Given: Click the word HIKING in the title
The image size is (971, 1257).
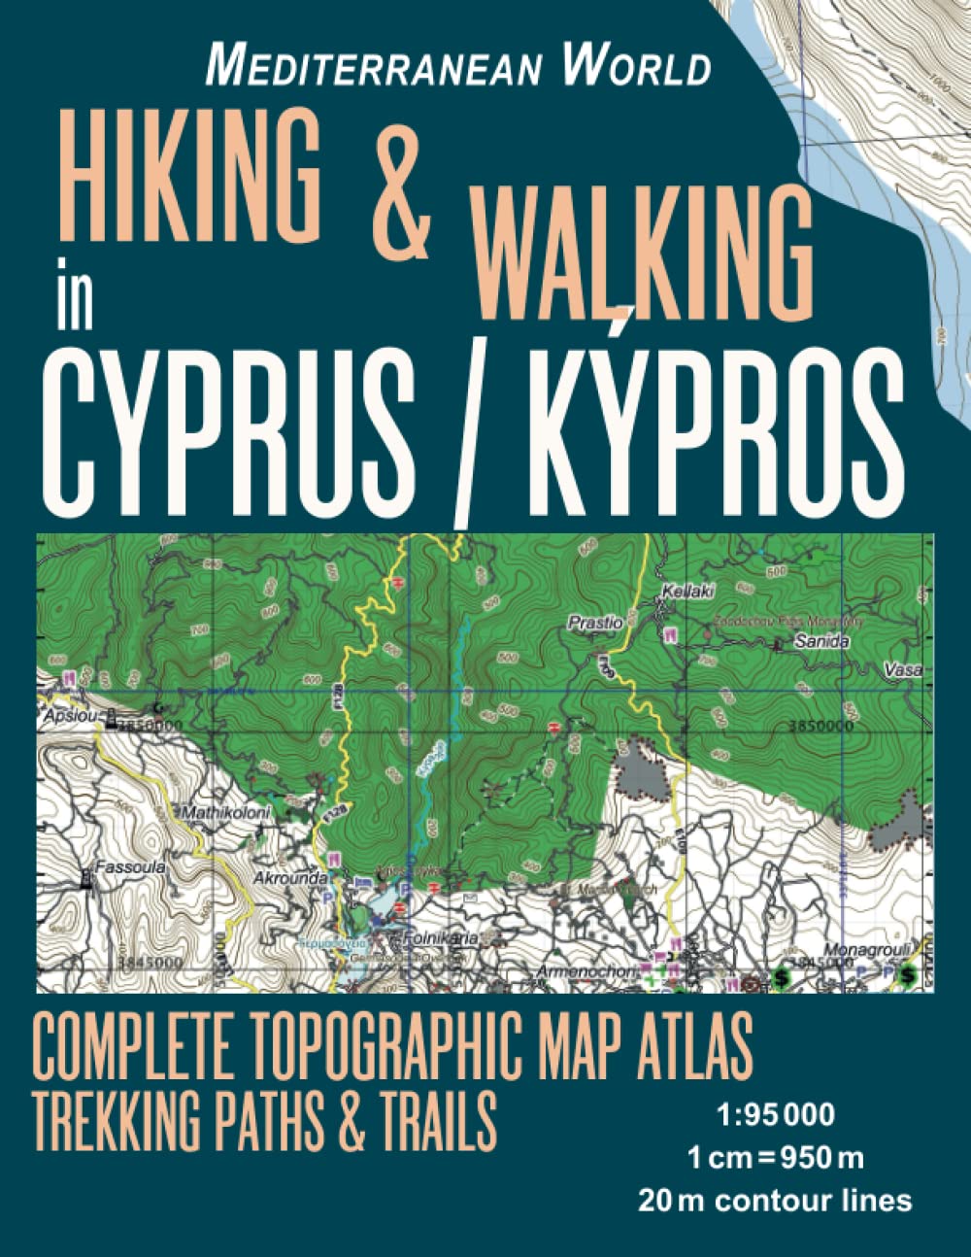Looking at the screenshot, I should click(x=184, y=175).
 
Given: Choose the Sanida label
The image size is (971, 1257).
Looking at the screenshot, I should click(x=821, y=641).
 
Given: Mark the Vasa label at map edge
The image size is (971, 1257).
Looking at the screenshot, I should click(x=903, y=670).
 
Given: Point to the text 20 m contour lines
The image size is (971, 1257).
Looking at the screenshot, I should click(x=775, y=1201).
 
